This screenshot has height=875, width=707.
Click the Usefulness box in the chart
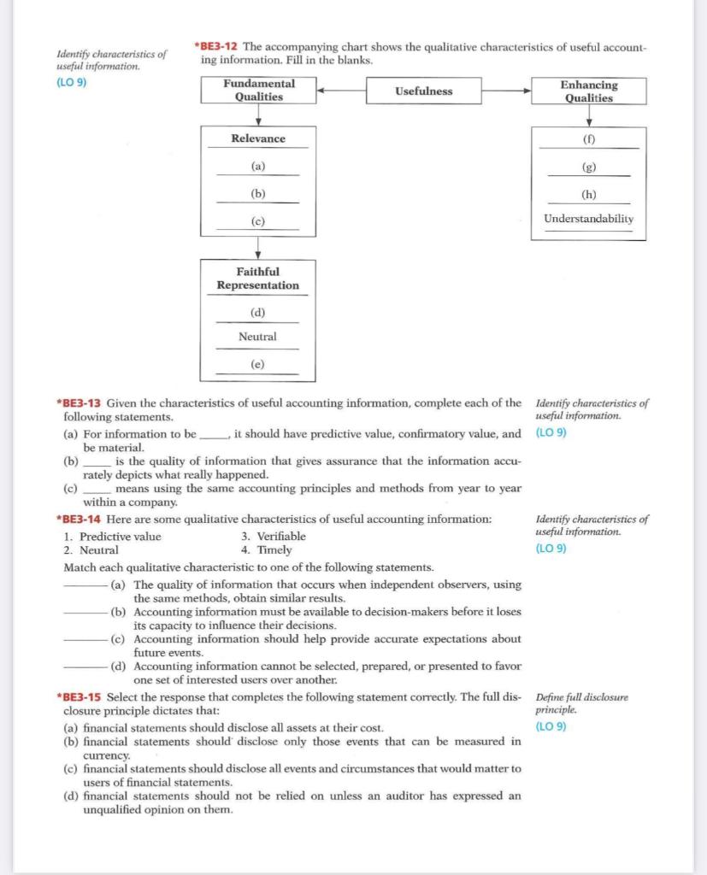423,91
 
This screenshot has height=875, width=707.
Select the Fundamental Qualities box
258,90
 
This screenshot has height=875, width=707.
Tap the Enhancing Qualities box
589,91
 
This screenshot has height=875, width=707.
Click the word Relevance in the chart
258,138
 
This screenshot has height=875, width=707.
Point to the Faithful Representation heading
257,279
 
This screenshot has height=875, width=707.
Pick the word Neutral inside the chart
257,337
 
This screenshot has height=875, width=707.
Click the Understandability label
589,219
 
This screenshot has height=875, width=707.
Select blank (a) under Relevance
257,167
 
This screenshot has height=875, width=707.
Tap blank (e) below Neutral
257,364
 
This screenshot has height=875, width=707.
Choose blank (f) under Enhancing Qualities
589,138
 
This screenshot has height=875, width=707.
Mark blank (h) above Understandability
589,193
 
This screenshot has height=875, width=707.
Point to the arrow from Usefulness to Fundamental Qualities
342,90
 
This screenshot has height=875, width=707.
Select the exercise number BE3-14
84,520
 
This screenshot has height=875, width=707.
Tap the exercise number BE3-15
84,697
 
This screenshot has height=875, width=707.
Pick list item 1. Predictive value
112,537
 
